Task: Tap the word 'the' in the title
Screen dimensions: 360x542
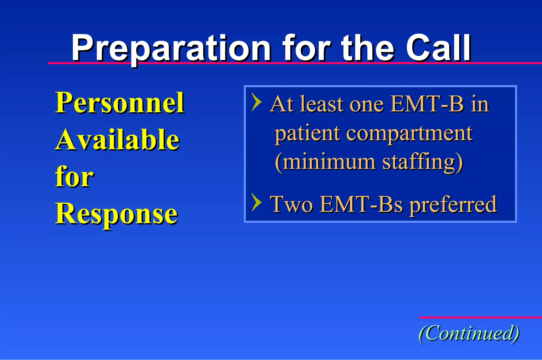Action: click(368, 48)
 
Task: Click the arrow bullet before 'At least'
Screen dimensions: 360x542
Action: click(256, 102)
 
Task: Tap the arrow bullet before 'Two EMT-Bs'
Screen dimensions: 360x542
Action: click(256, 202)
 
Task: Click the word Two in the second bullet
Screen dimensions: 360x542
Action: click(291, 204)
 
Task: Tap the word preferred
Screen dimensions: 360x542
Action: click(453, 205)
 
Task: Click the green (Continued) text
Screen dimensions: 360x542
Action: click(469, 334)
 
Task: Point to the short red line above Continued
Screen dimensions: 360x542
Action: click(480, 317)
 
